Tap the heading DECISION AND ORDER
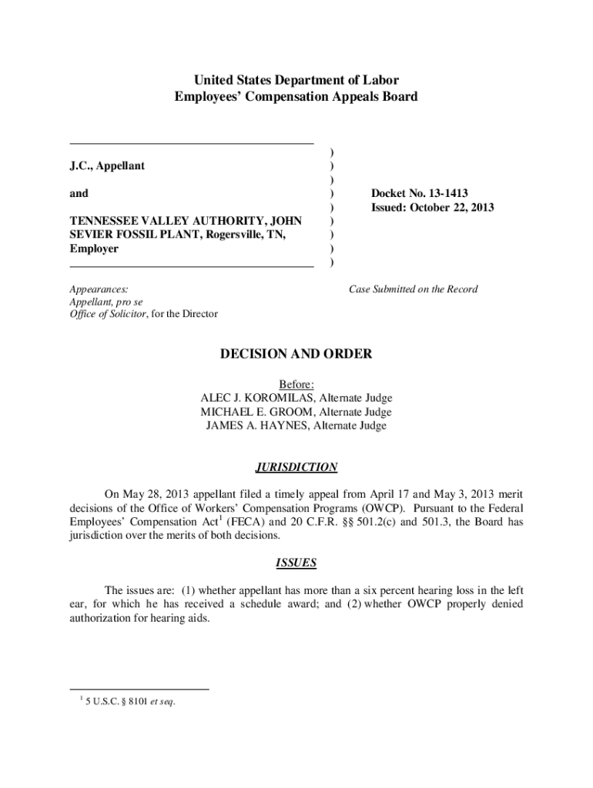pyautogui.click(x=296, y=354)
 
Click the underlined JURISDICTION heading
pyautogui.click(x=296, y=467)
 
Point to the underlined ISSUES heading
pyautogui.click(x=296, y=563)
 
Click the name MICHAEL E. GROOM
pyautogui.click(x=250, y=412)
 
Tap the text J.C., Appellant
pyautogui.click(x=107, y=166)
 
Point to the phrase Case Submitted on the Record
pyautogui.click(x=413, y=289)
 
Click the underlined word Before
pyautogui.click(x=296, y=384)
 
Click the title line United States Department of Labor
pyautogui.click(x=296, y=80)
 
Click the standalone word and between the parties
pyautogui.click(x=79, y=194)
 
